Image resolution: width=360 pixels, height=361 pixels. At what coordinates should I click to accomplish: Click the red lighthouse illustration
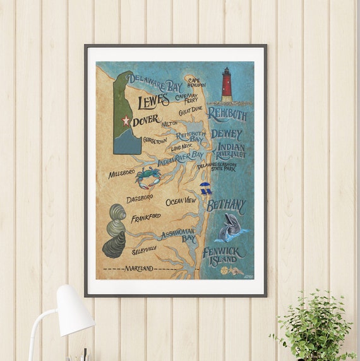[x=227, y=85]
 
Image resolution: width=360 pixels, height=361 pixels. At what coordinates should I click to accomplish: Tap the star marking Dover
[x=125, y=120]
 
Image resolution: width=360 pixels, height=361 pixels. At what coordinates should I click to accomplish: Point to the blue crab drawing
[x=148, y=177]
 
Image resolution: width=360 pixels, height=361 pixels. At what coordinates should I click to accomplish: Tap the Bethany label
[x=225, y=205]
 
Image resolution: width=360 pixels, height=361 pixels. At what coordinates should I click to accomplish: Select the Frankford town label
[x=145, y=218]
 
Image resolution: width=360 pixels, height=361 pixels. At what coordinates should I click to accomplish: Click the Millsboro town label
[x=122, y=174]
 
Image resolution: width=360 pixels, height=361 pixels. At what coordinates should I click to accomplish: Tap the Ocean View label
[x=181, y=201]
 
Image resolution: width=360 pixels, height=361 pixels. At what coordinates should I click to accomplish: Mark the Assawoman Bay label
[x=178, y=236]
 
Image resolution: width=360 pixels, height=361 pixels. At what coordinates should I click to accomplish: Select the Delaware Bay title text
[x=154, y=81]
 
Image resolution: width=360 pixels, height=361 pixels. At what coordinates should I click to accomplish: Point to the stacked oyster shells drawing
[x=116, y=230]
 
